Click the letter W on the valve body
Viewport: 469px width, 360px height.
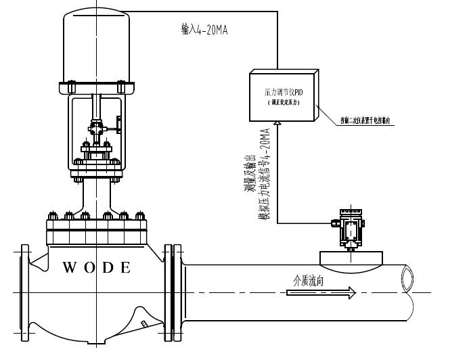pyautogui.click(x=69, y=267)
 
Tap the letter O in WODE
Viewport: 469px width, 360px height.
pyautogui.click(x=89, y=267)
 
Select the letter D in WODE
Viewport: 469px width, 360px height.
pyautogui.click(x=107, y=267)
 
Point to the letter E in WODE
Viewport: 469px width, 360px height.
pyautogui.click(x=125, y=267)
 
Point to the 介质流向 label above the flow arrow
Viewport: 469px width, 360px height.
pyautogui.click(x=309, y=278)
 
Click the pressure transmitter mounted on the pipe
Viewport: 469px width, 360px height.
pyautogui.click(x=351, y=229)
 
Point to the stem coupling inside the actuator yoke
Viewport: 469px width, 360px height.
pyautogui.click(x=95, y=127)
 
